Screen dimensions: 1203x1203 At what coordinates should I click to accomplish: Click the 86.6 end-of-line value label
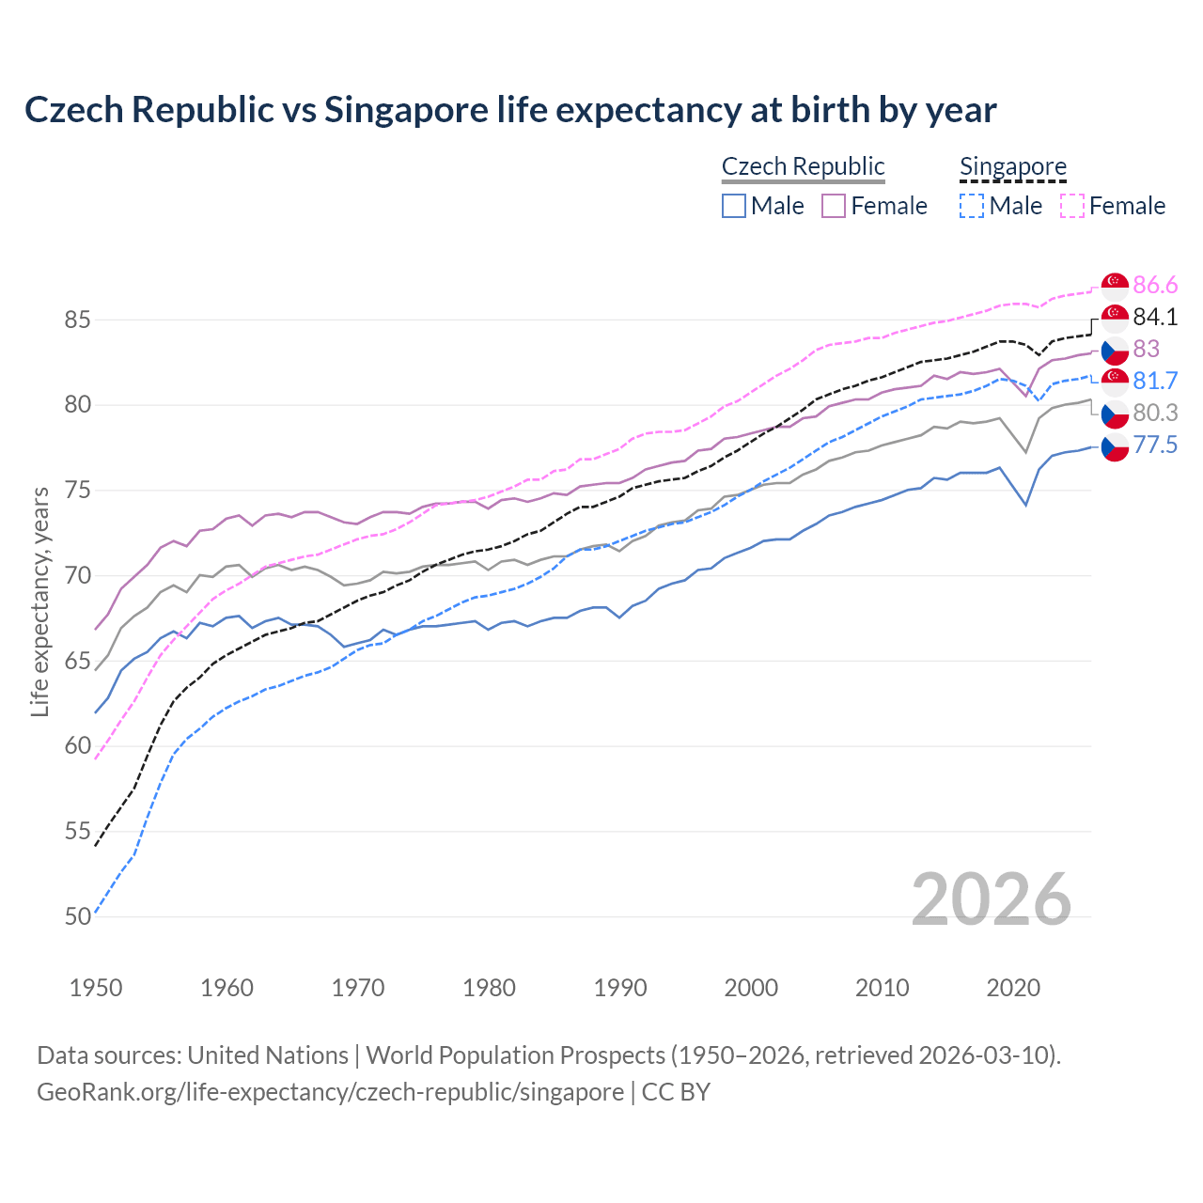(1155, 285)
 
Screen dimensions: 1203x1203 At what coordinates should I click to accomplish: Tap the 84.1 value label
(1155, 317)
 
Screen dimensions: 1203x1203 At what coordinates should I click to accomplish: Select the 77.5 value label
(1155, 445)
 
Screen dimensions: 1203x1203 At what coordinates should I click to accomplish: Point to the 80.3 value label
(1155, 413)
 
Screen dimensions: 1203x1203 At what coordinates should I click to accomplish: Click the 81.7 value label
(1155, 381)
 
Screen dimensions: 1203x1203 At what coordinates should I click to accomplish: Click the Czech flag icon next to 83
(1115, 351)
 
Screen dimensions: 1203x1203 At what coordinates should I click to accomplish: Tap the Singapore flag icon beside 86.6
(1115, 285)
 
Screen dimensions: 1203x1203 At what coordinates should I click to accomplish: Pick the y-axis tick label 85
(77, 320)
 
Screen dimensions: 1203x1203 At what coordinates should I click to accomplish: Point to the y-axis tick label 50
(77, 916)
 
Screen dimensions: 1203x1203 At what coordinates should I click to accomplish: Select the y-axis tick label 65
(77, 661)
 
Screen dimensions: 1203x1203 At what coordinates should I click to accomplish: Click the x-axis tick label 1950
(96, 988)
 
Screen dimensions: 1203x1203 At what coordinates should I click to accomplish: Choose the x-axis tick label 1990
(620, 988)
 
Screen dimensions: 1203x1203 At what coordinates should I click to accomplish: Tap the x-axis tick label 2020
(1013, 988)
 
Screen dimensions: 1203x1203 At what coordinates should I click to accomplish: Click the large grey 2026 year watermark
(991, 899)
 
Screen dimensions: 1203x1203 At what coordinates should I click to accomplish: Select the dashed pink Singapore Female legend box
(1072, 206)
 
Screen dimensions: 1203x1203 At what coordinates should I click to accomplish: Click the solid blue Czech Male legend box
(734, 206)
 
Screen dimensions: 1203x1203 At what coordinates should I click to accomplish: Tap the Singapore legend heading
(1012, 167)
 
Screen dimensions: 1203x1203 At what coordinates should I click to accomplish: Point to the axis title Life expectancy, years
(40, 601)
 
